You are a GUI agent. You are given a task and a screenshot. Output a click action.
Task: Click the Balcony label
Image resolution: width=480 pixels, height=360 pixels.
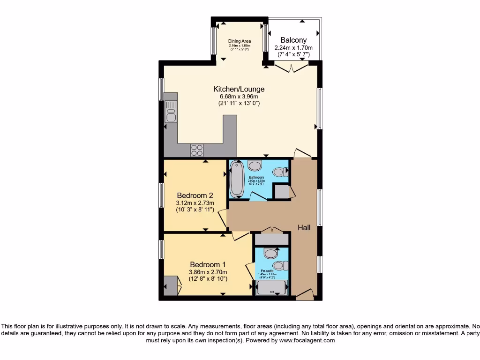(x=293, y=40)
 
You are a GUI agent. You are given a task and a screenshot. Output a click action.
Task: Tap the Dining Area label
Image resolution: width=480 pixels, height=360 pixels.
(x=240, y=41)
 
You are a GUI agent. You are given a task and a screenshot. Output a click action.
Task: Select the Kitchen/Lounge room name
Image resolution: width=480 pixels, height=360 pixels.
(x=239, y=89)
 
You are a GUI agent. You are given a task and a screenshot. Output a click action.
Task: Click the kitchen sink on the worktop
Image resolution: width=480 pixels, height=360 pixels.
(x=171, y=112)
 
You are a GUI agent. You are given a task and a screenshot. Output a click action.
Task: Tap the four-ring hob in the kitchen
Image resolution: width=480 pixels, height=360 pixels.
(x=197, y=150)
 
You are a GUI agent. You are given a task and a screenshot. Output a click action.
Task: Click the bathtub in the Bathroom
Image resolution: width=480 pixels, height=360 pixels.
(x=236, y=179)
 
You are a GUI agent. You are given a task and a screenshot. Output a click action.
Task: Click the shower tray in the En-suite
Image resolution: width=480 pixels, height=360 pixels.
(x=272, y=288)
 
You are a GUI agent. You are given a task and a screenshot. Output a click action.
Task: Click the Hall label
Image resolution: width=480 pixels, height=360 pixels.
(x=304, y=228)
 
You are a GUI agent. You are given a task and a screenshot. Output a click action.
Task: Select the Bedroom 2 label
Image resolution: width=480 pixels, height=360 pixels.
(x=195, y=195)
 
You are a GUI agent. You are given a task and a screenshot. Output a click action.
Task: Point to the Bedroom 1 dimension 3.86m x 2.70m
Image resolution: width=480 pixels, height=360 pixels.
(x=208, y=272)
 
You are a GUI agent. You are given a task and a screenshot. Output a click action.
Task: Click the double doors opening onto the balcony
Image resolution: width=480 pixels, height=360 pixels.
(x=291, y=69)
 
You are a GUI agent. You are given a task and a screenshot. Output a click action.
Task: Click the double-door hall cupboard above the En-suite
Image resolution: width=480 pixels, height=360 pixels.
(x=271, y=238)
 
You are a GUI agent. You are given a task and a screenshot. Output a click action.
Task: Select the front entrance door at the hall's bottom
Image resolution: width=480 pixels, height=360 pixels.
(x=305, y=294)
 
